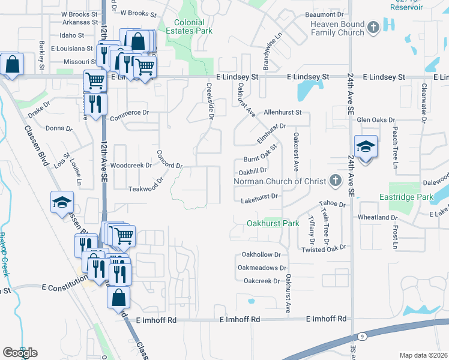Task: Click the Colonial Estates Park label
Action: pos(193,26)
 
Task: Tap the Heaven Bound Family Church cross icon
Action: pos(373,27)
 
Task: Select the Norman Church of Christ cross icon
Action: pos(336,181)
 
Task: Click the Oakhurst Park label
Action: pos(273,223)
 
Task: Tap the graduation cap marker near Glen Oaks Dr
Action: pos(365,146)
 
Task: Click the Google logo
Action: pos(20,353)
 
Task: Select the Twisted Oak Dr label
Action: pos(324,247)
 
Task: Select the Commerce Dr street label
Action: pos(128,112)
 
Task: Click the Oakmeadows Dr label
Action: pos(263,268)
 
